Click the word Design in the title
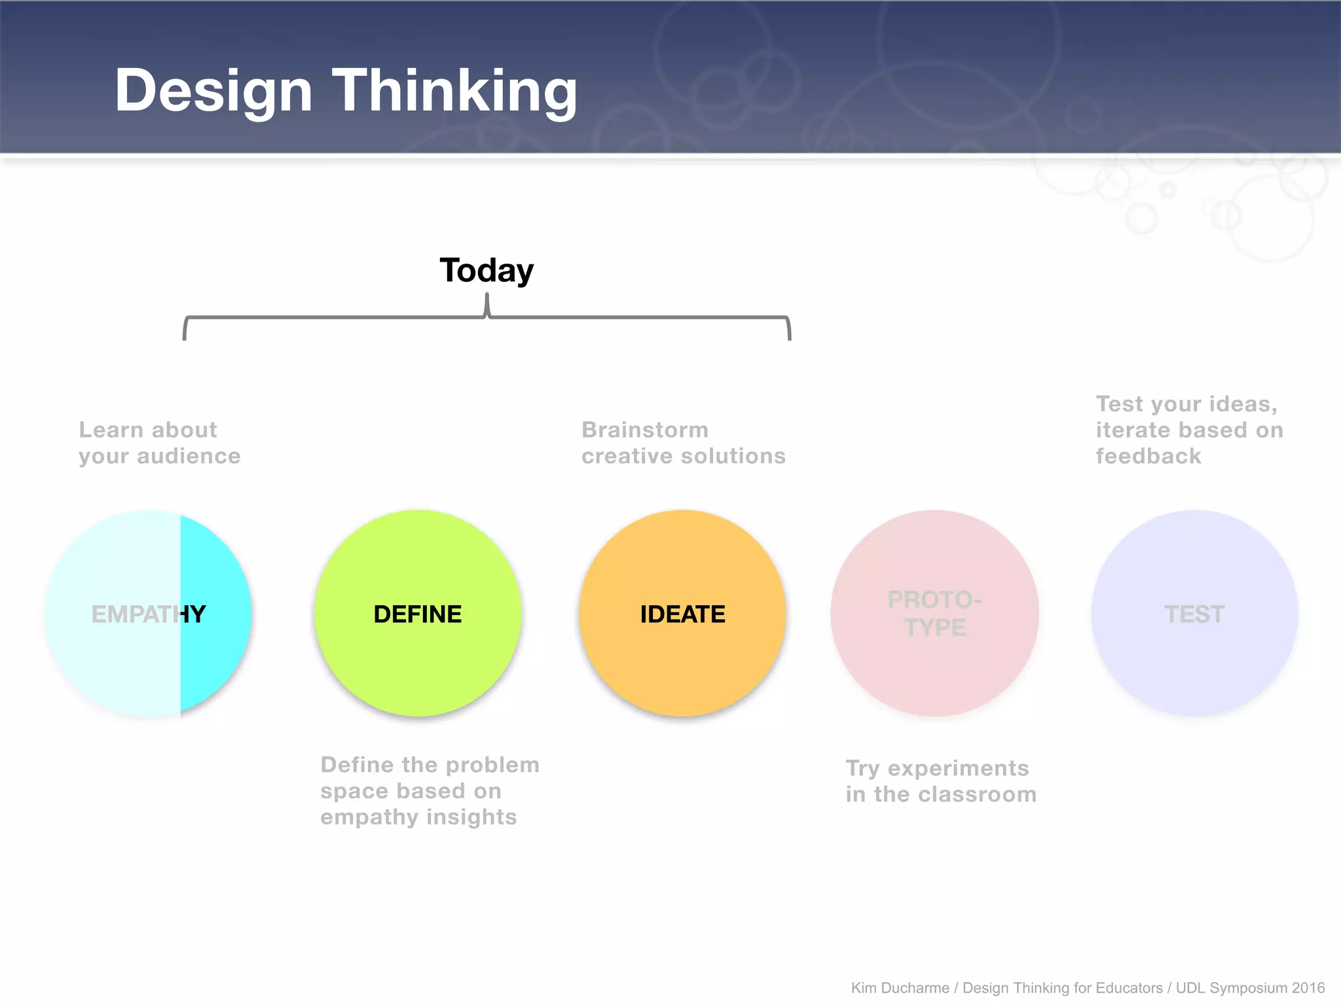tap(213, 92)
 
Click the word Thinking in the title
tap(454, 92)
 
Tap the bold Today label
tap(487, 270)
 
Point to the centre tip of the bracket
tap(487, 298)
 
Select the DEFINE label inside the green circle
tap(418, 614)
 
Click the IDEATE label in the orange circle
tap(682, 614)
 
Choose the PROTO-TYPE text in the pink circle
tap(935, 613)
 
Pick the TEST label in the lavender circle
tap(1194, 614)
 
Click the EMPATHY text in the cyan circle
tap(149, 614)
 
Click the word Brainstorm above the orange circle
tap(645, 430)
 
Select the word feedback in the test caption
tap(1148, 456)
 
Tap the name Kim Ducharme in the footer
tap(900, 988)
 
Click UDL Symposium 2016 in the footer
tap(1250, 988)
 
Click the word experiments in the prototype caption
tap(958, 768)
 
